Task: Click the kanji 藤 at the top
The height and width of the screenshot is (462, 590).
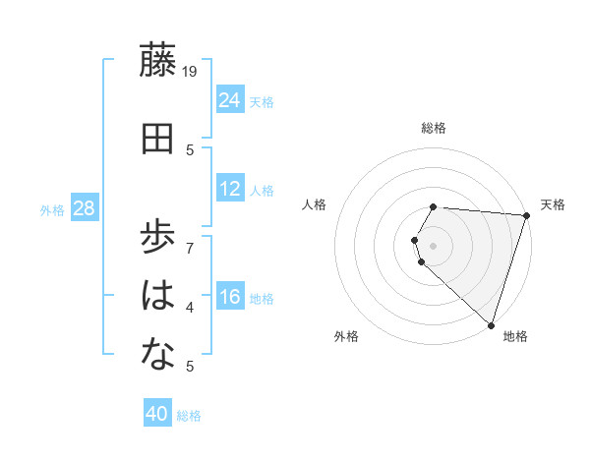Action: (159, 62)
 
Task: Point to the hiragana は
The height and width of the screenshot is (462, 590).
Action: (159, 295)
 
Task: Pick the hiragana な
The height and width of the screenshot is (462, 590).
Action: (159, 356)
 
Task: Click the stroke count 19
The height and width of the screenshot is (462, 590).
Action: (191, 72)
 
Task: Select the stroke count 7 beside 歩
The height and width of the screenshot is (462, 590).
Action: (190, 239)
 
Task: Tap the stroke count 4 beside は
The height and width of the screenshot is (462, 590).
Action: (190, 308)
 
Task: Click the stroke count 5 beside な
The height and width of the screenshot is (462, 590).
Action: (190, 367)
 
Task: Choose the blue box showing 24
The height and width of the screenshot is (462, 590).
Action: (230, 99)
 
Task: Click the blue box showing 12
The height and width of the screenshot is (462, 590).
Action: (230, 189)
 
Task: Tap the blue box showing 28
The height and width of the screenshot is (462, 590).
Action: (84, 208)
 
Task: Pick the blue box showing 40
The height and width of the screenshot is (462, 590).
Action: (157, 414)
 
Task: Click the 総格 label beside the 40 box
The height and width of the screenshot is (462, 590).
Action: (190, 416)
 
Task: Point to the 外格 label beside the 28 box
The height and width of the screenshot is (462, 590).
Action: (52, 210)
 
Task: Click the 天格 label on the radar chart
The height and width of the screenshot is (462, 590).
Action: (553, 205)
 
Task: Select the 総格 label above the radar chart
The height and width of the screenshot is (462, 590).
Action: (434, 128)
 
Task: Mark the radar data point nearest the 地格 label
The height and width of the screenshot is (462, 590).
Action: (491, 324)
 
